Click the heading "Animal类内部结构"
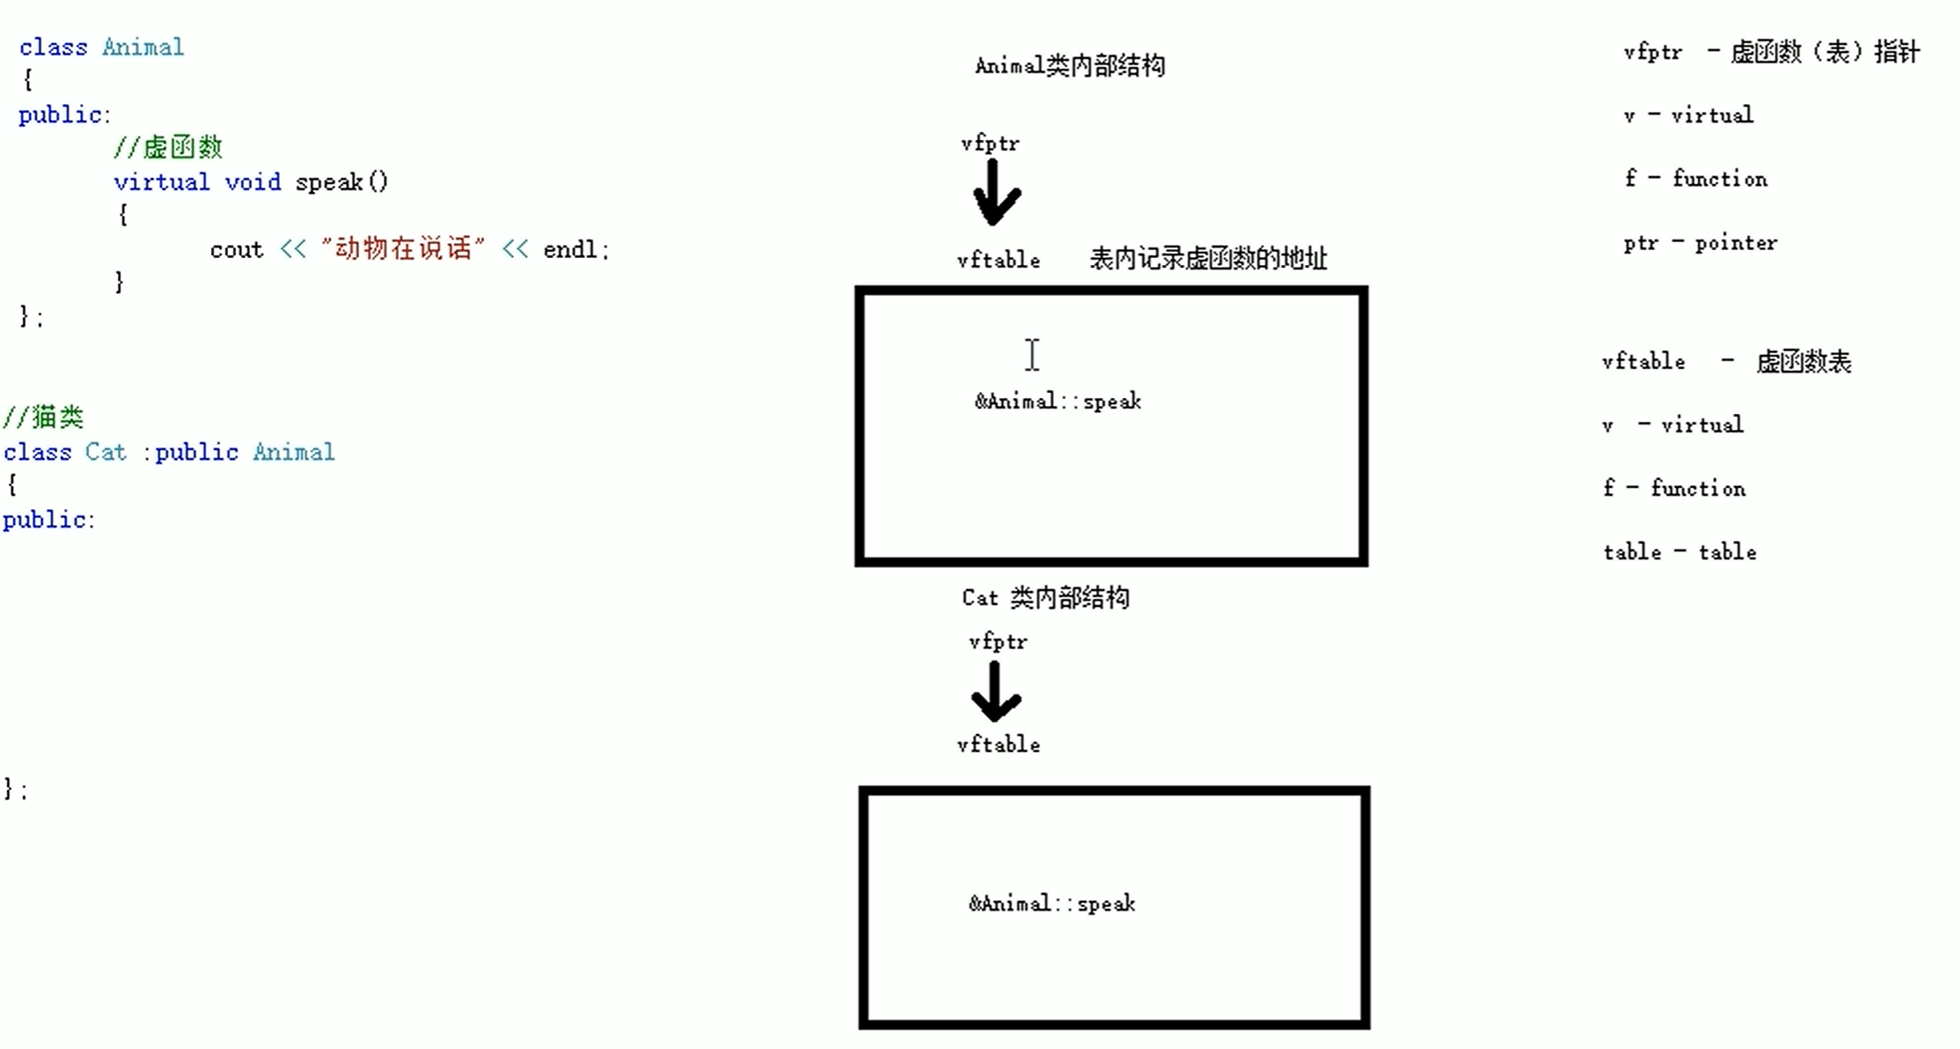pyautogui.click(x=1070, y=65)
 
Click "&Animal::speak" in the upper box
pyautogui.click(x=1057, y=402)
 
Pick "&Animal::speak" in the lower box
pyautogui.click(x=1052, y=904)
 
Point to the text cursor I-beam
pyautogui.click(x=1032, y=355)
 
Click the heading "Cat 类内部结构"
pyautogui.click(x=1045, y=598)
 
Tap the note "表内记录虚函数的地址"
pyautogui.click(x=1208, y=259)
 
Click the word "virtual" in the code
pyautogui.click(x=161, y=182)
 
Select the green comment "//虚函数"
pyautogui.click(x=167, y=147)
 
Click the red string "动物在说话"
pyautogui.click(x=403, y=249)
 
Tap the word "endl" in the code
pyautogui.click(x=570, y=250)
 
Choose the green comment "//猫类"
pyautogui.click(x=43, y=417)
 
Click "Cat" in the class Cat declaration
pyautogui.click(x=106, y=453)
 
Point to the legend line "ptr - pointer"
pyautogui.click(x=1700, y=243)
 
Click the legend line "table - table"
pyautogui.click(x=1679, y=552)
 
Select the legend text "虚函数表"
pyautogui.click(x=1803, y=362)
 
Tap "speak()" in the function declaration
pyautogui.click(x=342, y=182)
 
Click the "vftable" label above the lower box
pyautogui.click(x=998, y=745)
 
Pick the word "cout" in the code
pyautogui.click(x=236, y=250)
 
